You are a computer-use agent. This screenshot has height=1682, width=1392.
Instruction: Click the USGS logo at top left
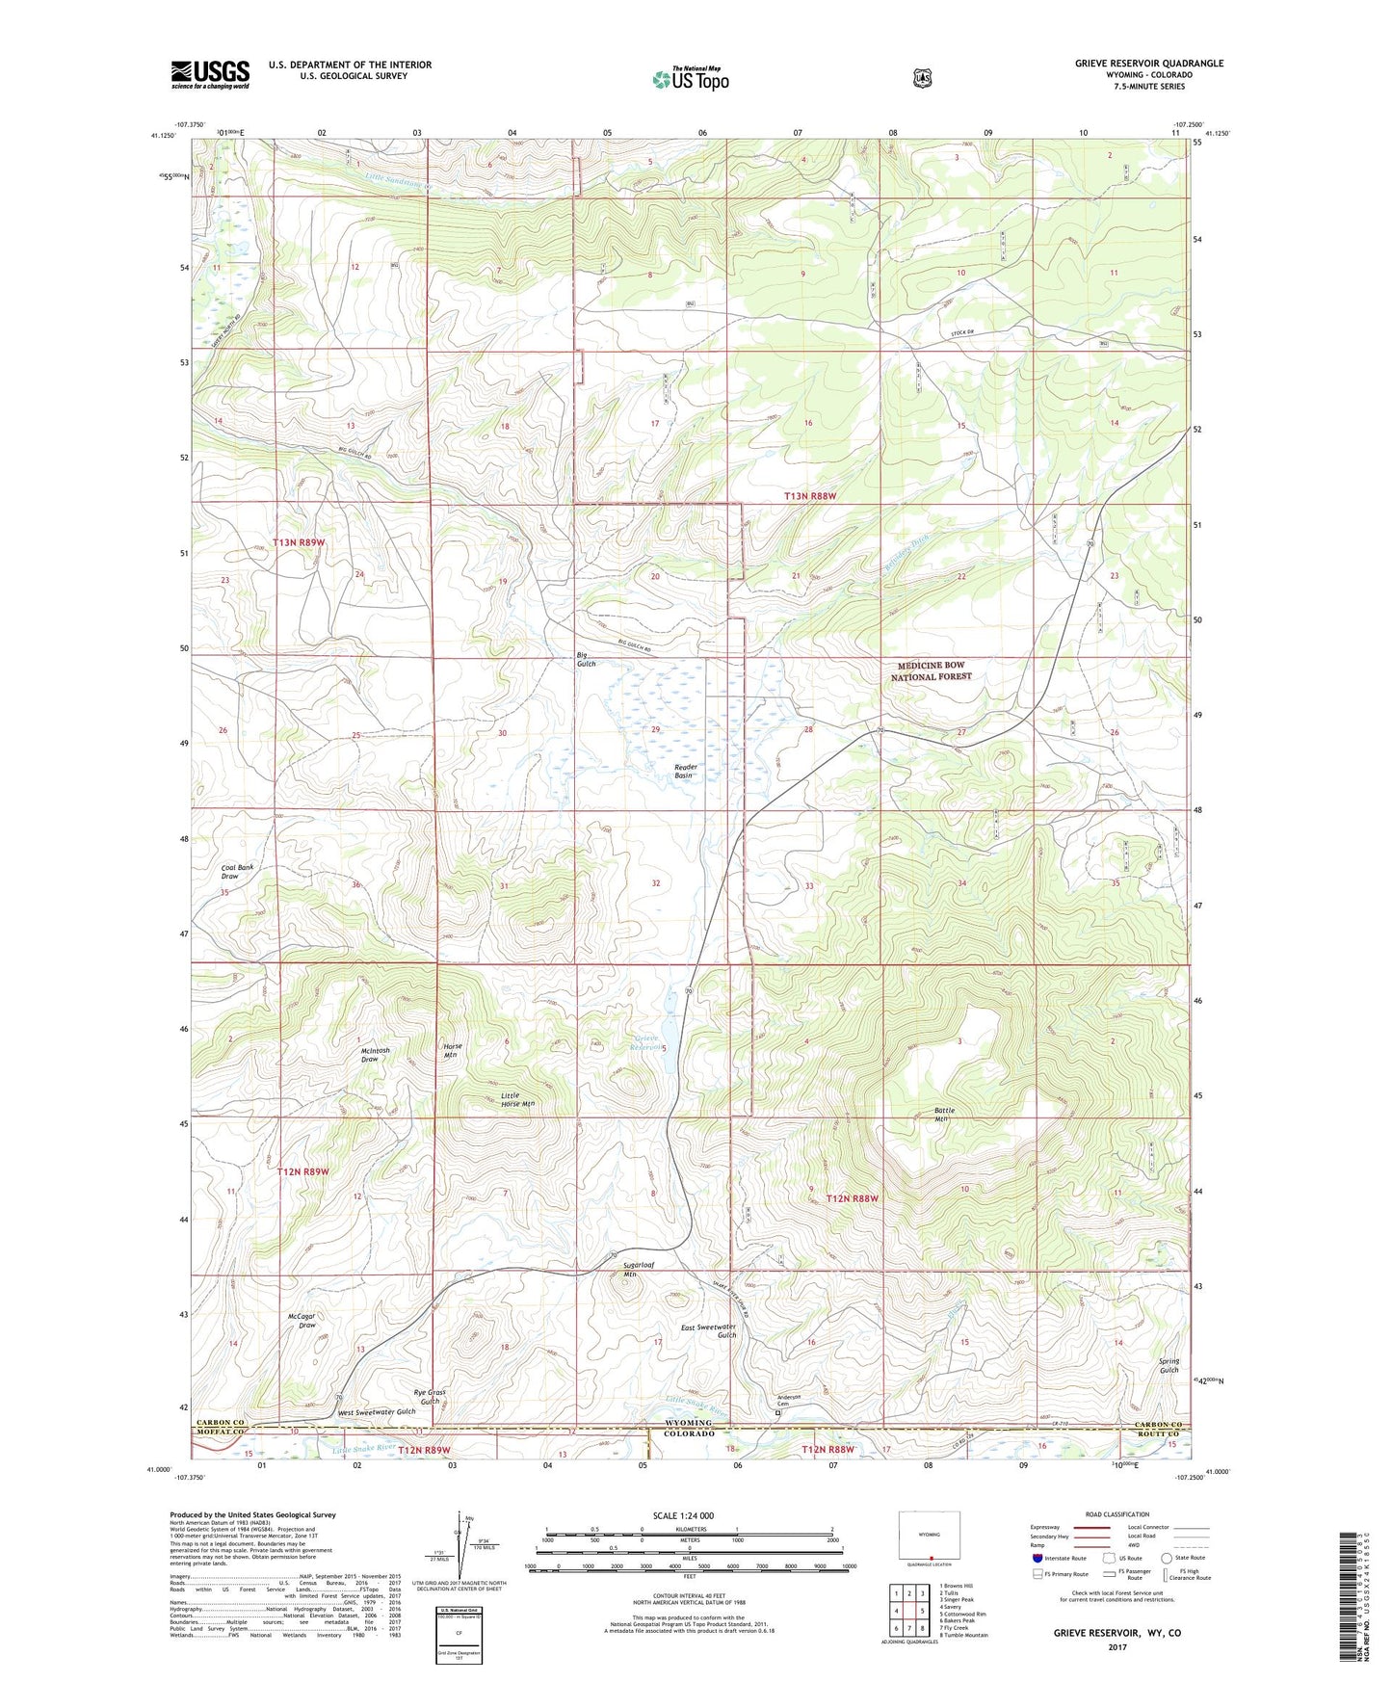[x=210, y=74]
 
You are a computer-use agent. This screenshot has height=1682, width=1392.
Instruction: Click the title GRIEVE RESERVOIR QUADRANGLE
[x=1149, y=64]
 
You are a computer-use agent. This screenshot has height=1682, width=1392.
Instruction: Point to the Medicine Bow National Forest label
[x=930, y=671]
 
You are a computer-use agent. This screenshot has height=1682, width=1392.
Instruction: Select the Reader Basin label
[x=684, y=771]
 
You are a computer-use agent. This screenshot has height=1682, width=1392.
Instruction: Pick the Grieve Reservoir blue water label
[x=645, y=1043]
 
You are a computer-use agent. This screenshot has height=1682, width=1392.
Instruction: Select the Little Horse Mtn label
[x=517, y=1099]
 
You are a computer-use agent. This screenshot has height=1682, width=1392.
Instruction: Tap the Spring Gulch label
[x=1169, y=1365]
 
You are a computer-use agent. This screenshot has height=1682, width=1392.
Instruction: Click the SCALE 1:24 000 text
[x=683, y=1515]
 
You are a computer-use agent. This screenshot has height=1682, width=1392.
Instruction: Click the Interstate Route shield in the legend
[x=1037, y=1558]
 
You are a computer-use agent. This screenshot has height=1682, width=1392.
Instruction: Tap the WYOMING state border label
[x=689, y=1423]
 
